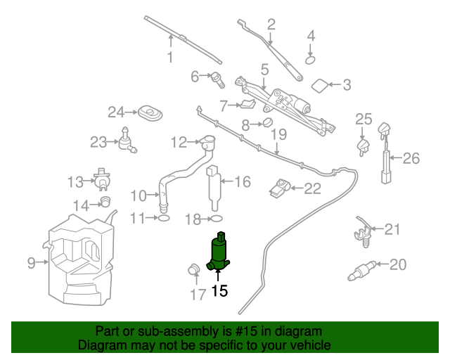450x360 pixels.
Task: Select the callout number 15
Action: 219,290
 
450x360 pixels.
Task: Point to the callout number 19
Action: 279,134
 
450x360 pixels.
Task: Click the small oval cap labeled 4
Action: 310,60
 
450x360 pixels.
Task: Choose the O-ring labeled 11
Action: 162,219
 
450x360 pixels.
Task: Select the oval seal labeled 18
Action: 216,219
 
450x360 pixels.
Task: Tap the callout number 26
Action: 411,158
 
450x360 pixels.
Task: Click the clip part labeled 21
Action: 362,231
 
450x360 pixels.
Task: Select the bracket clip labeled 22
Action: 279,188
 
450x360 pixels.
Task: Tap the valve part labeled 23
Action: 127,141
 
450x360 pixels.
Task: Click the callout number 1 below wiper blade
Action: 169,57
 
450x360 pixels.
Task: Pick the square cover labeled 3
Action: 319,86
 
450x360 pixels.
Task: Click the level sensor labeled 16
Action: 214,184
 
